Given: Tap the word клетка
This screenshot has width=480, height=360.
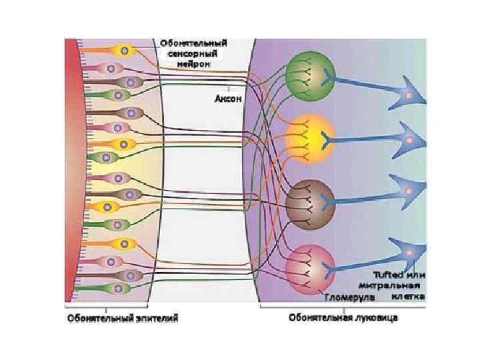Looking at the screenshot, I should (x=409, y=295).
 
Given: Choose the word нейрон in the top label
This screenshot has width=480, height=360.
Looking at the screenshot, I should (x=194, y=64).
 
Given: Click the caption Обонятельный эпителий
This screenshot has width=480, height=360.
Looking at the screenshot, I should (x=121, y=319).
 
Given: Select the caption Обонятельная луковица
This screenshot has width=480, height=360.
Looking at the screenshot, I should (x=343, y=318).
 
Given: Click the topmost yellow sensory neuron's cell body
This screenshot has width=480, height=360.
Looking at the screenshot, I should (x=123, y=49).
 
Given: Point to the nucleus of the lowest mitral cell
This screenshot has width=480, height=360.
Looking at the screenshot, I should (x=408, y=254).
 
